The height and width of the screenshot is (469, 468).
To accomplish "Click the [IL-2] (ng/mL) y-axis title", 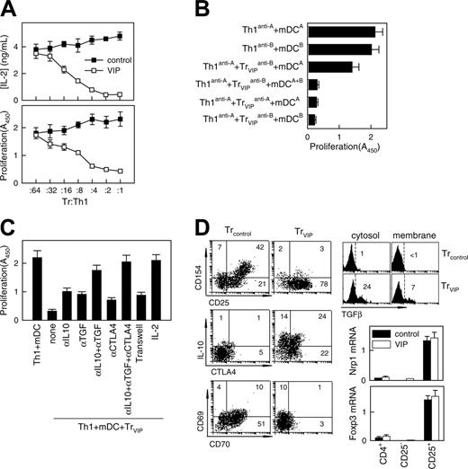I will (x=16, y=58).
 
